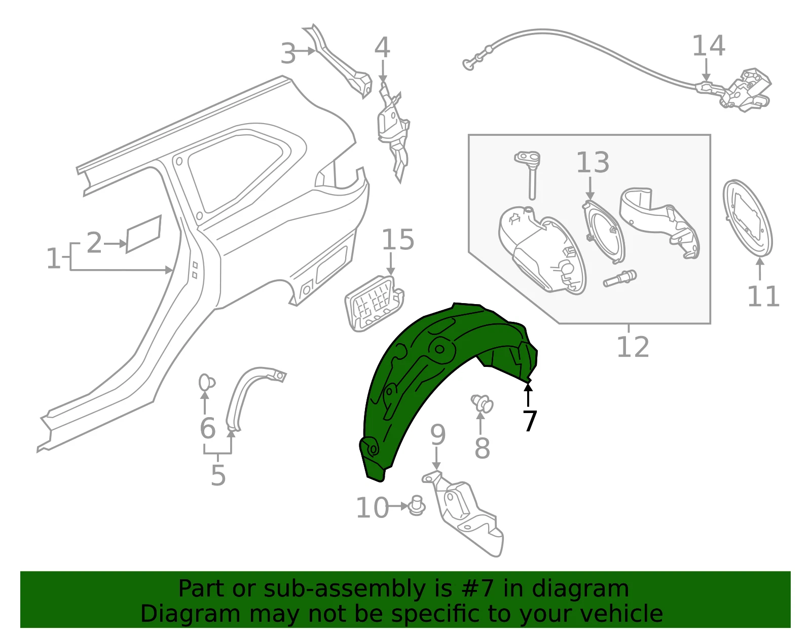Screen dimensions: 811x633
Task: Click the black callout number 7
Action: [x=530, y=421]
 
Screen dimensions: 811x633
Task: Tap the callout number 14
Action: [x=709, y=46]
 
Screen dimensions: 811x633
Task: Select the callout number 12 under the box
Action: [x=633, y=347]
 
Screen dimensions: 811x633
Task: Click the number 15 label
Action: [x=398, y=240]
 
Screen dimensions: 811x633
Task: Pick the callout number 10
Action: [x=372, y=508]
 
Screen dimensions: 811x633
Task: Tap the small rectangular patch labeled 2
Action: [x=143, y=234]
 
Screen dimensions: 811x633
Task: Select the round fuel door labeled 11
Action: [x=747, y=218]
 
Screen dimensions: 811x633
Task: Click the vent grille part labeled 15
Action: [x=374, y=303]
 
